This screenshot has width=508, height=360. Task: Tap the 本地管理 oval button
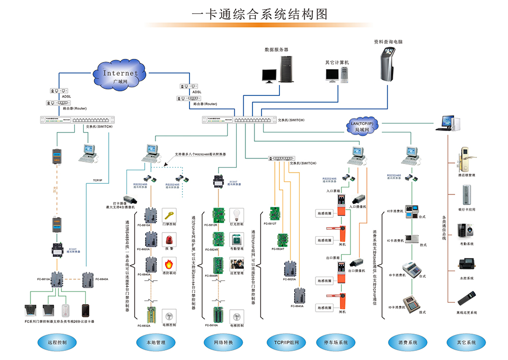[152, 342]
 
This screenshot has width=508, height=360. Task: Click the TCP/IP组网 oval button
[287, 342]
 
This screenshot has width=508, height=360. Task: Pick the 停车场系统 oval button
[336, 342]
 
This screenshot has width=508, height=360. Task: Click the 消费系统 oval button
[407, 342]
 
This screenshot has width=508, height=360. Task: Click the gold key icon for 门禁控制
[169, 214]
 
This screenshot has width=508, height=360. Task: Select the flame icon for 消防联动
[169, 264]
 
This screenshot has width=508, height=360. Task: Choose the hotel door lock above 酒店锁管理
[464, 157]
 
